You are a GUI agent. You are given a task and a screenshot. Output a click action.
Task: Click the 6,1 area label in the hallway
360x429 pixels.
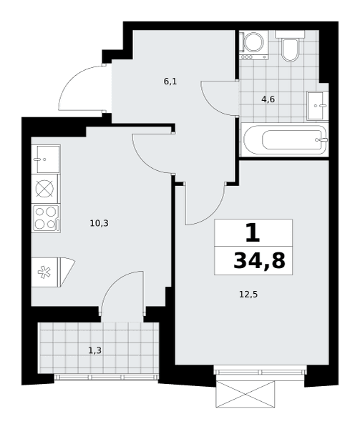[170, 82]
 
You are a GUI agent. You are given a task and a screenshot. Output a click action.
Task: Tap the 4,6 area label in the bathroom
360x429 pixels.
[268, 99]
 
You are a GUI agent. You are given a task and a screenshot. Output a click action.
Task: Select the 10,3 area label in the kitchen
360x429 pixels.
[99, 224]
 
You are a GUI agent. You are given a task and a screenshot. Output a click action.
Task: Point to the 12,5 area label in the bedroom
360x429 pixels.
[248, 295]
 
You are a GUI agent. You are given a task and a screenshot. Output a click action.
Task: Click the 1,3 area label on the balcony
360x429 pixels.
[95, 350]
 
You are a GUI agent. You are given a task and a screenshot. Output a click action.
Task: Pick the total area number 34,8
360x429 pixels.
[259, 261]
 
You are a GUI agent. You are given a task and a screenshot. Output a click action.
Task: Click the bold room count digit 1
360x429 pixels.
[253, 232]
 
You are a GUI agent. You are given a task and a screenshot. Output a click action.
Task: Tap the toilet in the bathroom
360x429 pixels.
[290, 46]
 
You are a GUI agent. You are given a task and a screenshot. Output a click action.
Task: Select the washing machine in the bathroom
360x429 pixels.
[254, 45]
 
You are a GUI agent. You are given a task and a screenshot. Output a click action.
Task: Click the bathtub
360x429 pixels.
[284, 140]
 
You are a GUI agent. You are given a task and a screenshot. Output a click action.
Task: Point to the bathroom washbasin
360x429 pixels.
[317, 106]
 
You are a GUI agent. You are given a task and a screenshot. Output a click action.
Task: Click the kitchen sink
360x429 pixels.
[46, 159]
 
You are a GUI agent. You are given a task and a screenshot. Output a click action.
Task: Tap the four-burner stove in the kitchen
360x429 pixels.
[46, 219]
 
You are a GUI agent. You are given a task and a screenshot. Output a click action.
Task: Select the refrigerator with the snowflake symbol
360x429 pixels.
[53, 272]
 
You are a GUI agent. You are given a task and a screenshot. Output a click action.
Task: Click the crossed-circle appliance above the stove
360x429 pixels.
[45, 189]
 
